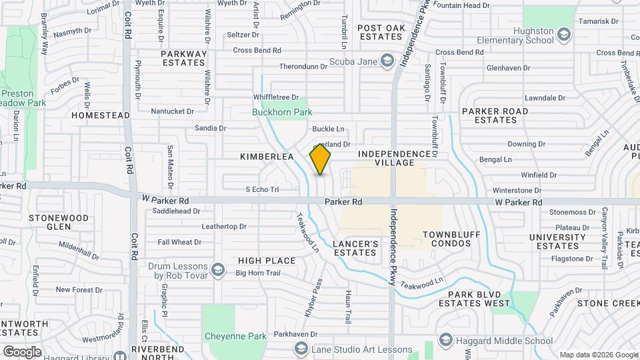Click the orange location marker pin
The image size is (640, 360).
coord(321,159)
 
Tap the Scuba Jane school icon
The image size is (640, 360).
coord(387,62)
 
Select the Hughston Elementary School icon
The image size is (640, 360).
coord(564,35)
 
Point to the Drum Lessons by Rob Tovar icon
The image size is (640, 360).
coord(218,269)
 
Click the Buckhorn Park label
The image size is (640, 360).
coord(282,112)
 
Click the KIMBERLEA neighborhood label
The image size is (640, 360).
coord(267,156)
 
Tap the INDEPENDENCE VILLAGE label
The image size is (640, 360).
coord(394,158)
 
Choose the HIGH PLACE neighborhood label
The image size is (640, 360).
coord(267,260)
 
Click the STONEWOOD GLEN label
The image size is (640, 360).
coord(59,222)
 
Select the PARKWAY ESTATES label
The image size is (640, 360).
coord(183,58)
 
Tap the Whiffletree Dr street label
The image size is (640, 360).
coord(276,97)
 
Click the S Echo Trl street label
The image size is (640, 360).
coord(262,189)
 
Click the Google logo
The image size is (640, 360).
coord(22,351)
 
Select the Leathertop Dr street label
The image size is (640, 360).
coord(224,226)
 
